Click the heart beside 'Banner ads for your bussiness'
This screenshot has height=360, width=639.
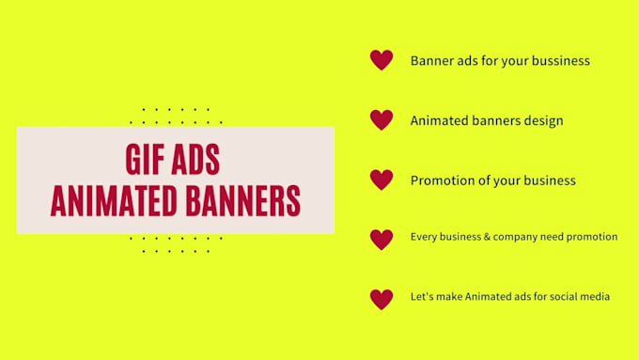point(381,60)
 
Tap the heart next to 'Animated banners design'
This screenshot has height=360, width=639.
point(381,120)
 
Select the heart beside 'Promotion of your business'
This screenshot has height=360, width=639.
point(381,180)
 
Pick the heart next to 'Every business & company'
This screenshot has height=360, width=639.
point(381,239)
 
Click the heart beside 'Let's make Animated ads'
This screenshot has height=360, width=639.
point(381,299)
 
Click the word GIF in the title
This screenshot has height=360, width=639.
point(145,161)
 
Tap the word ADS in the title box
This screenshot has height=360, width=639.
point(195,161)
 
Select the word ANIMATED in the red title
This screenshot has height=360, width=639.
point(108,201)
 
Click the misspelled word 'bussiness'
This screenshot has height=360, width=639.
point(557,61)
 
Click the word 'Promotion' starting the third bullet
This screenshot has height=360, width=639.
point(441,180)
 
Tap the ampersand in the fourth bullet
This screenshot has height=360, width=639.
point(500,237)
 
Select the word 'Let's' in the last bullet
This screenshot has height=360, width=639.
point(422,296)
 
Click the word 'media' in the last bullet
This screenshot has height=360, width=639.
point(595,296)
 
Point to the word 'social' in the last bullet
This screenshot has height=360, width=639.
point(560,296)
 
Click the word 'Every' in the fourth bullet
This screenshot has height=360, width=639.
point(424,237)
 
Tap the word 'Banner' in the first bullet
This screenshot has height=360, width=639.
point(431,61)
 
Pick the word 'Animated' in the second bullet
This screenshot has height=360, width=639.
point(439,120)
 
